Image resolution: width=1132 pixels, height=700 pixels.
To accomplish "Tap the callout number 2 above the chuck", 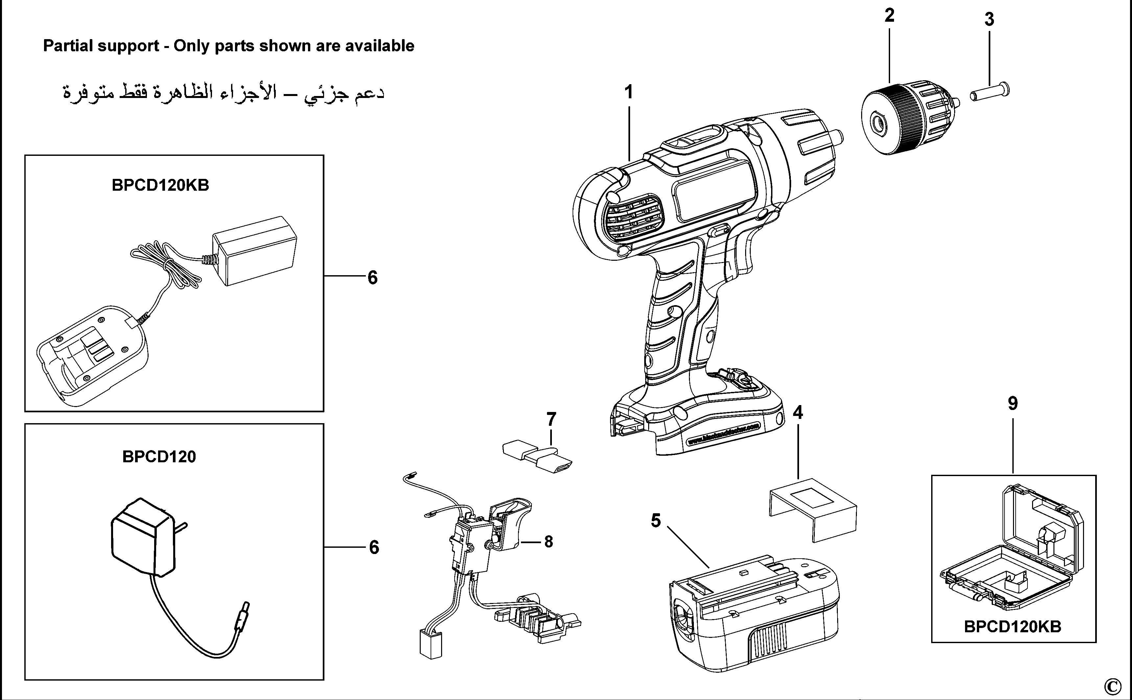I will coord(889,16).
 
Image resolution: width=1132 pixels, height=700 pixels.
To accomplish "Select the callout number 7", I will coord(551,420).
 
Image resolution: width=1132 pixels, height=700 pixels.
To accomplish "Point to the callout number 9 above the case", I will coord(1013,404).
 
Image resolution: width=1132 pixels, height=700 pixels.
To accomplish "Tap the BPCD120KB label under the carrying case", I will coord(1013,627).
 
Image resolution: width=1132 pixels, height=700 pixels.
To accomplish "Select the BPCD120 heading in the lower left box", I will coord(159,457).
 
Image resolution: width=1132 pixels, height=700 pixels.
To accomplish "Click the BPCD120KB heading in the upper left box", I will coord(160,185).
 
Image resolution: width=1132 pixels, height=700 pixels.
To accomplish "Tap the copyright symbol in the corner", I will coord(1113,685).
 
